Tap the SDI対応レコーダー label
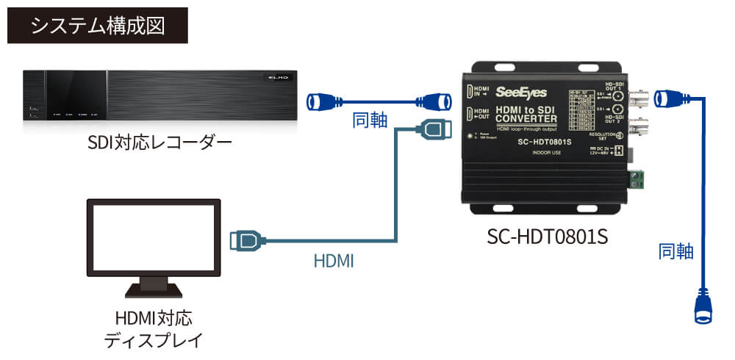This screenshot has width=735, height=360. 158,140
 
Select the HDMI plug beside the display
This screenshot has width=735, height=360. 245,240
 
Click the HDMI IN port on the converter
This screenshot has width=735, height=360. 469,91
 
